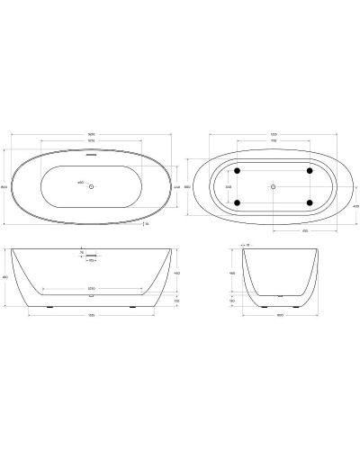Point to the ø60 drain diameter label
coord(80,184)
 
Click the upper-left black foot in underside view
coord(237,170)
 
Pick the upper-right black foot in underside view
coord(309,170)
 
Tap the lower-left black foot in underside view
coord(237,202)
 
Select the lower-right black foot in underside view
coord(309,202)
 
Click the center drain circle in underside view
coord(273,186)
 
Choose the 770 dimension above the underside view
coord(273,142)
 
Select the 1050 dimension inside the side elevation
coord(90,289)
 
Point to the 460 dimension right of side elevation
coord(177,273)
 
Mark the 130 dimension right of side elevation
coord(177,301)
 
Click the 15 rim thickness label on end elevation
coord(248,244)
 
